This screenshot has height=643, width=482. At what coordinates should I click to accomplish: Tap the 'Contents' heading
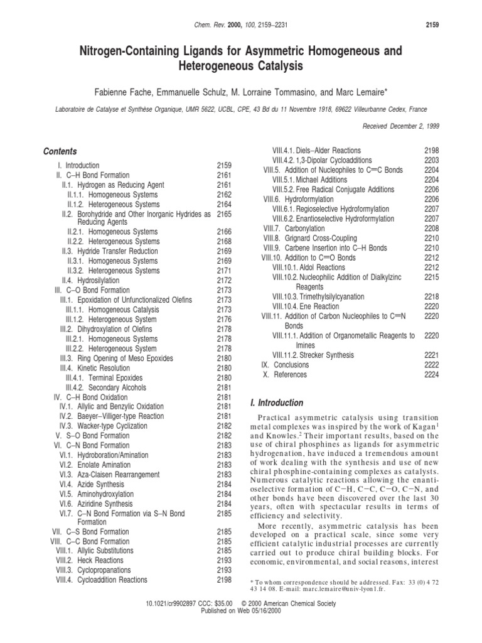[60, 151]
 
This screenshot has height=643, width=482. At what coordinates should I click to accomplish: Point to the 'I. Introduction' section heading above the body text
[276, 403]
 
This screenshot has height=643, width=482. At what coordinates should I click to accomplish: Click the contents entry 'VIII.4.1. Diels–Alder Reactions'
[316, 151]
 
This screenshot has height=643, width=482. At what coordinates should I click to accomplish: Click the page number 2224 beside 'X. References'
[431, 375]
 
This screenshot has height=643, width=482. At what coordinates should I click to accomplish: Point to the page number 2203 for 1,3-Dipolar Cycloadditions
[431, 161]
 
